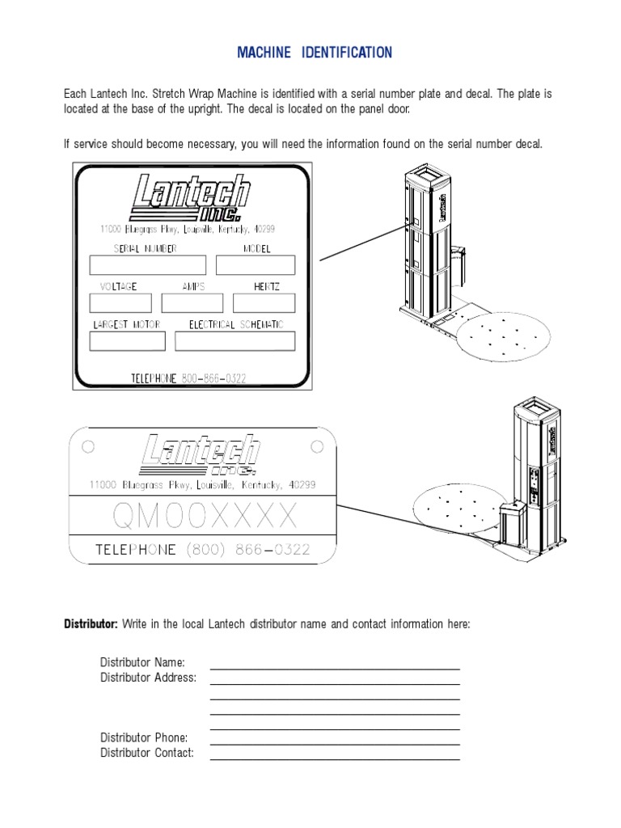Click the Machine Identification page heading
315,53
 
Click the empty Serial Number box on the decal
147,265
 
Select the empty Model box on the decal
256,265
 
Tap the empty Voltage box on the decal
120,302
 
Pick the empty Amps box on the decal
192,302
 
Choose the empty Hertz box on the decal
264,302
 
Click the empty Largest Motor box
127,341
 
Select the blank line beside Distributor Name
335,668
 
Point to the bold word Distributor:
91,624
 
